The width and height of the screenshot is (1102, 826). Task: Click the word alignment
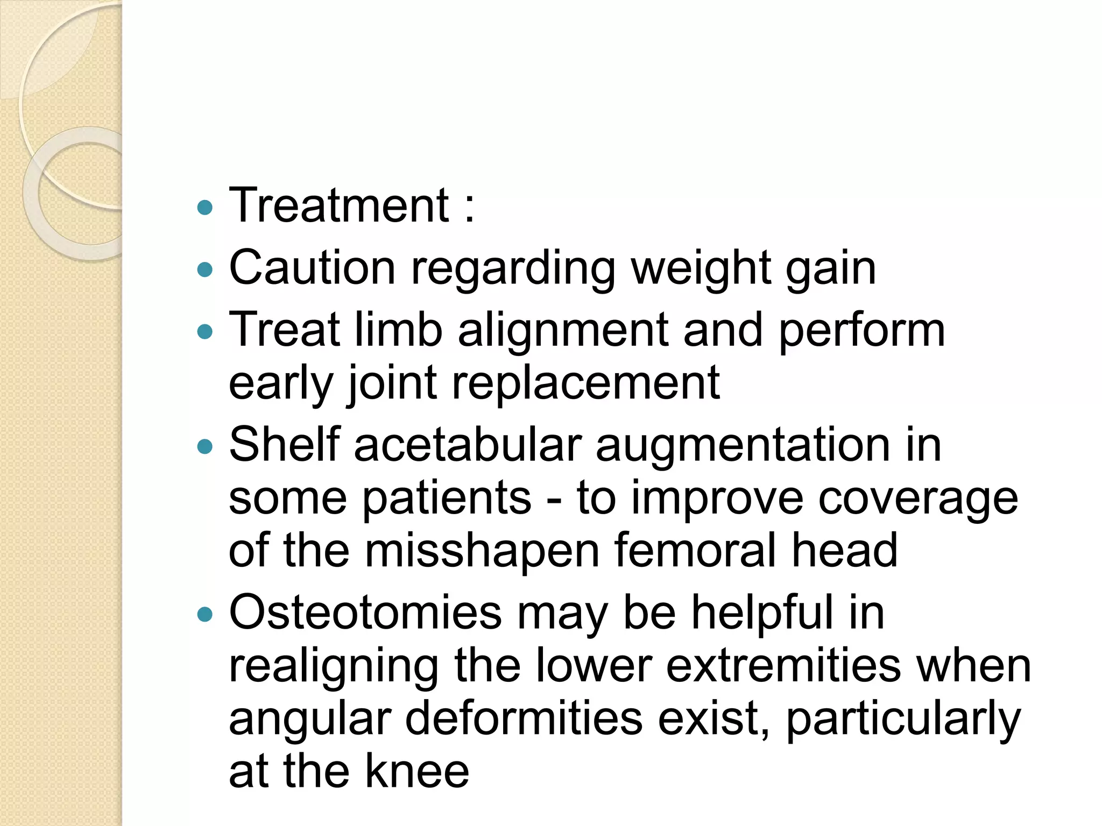(x=563, y=331)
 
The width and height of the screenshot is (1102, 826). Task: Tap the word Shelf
(x=284, y=445)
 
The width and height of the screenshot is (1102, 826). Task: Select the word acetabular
(x=468, y=445)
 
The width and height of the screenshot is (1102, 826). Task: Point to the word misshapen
(x=482, y=551)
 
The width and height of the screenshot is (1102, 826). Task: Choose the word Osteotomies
(x=365, y=613)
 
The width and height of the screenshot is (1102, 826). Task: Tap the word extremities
(x=783, y=666)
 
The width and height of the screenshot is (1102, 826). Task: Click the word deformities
(x=524, y=719)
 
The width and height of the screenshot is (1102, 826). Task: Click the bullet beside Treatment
(x=205, y=208)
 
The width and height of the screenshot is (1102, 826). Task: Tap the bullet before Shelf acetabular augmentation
(x=205, y=446)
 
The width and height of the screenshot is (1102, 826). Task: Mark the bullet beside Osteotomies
(x=205, y=614)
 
